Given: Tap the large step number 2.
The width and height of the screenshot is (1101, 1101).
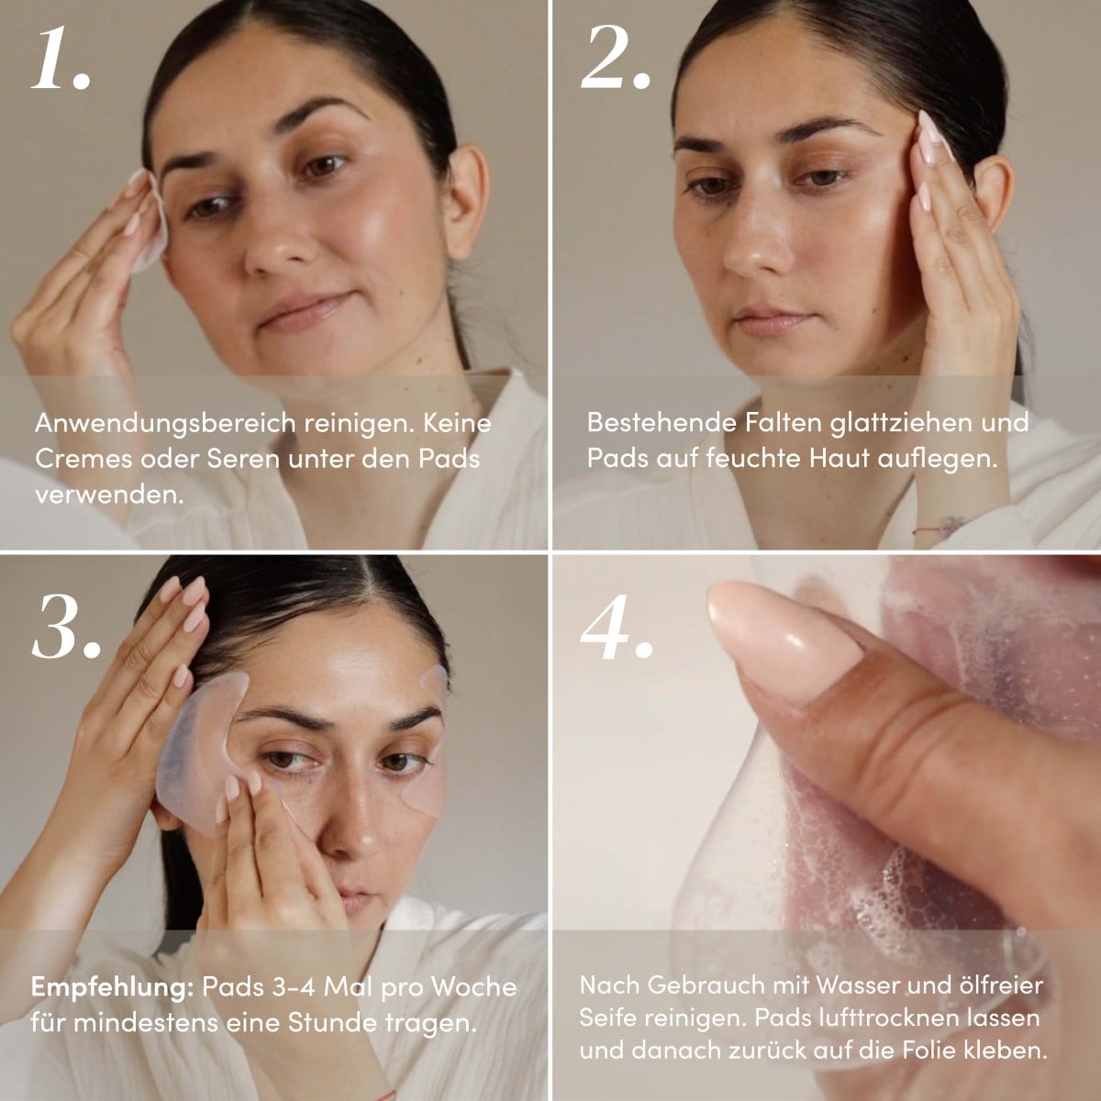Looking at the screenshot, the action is pyautogui.click(x=615, y=59).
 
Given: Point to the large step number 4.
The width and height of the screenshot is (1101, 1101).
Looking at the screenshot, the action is pyautogui.click(x=616, y=627).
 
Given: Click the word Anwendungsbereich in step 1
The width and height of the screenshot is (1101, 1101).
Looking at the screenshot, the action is pyautogui.click(x=165, y=424).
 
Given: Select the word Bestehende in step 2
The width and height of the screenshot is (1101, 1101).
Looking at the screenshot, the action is pyautogui.click(x=662, y=422).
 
